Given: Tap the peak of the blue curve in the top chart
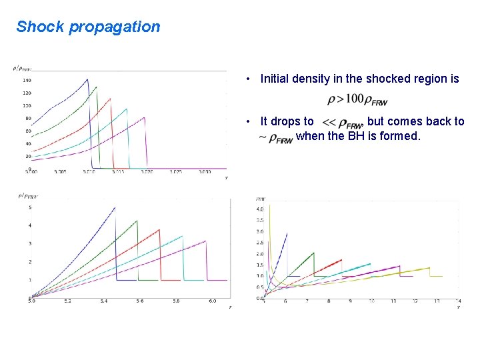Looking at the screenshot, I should (87, 79).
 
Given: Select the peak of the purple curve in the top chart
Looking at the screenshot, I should (145, 117).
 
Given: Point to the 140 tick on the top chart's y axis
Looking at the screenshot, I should (27, 80).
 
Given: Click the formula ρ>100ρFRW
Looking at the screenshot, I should (357, 99).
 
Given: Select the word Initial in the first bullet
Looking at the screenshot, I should (276, 79).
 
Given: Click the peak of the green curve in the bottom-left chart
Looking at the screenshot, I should (137, 221).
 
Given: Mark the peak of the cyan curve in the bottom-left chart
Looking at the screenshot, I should (182, 236).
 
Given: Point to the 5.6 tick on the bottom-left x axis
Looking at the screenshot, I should (139, 301).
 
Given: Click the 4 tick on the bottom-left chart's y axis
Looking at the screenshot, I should (29, 225).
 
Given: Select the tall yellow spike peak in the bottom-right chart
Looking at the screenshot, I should (269, 205).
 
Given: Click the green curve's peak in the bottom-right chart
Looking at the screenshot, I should (313, 253).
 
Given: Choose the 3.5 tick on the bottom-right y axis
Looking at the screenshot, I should (261, 220).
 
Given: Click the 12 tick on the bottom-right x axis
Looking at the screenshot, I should (415, 301).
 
